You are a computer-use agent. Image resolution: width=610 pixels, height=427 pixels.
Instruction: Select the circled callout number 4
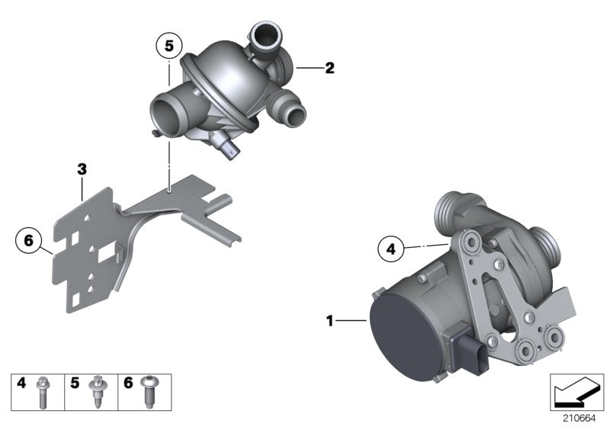point(390,249)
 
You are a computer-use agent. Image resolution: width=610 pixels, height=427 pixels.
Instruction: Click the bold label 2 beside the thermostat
point(329,69)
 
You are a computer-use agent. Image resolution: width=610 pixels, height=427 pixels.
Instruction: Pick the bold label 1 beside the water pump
point(330,322)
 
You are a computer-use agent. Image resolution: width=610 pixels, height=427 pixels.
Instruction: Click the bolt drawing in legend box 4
point(44,391)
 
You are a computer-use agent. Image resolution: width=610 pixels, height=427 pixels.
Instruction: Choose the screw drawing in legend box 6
point(149,391)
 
